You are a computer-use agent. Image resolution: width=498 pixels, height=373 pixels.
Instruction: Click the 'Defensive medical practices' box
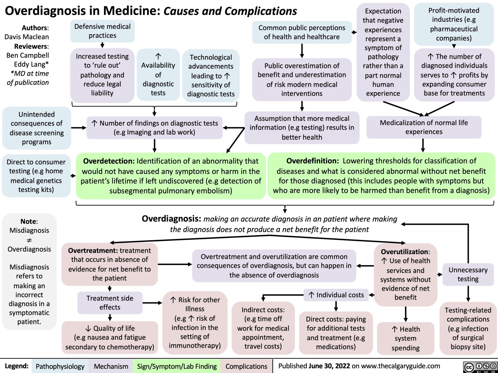[x=102, y=31]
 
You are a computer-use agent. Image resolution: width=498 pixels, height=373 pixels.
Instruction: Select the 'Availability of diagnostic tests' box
[x=158, y=75]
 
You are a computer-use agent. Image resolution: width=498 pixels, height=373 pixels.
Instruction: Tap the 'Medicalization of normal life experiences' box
[x=424, y=127]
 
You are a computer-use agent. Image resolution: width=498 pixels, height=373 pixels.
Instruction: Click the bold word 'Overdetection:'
[x=109, y=161]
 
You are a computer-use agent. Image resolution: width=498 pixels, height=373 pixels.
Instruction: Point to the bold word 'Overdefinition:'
[x=313, y=161]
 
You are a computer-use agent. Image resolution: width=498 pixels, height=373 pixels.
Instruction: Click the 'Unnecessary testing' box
[x=468, y=275]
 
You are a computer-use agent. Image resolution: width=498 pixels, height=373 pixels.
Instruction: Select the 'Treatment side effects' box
[x=110, y=303]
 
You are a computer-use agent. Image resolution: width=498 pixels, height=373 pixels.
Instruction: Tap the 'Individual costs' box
[x=336, y=295]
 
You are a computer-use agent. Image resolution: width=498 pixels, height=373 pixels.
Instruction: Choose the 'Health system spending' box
[x=405, y=338]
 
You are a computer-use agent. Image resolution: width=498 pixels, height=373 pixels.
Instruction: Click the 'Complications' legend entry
[x=246, y=366]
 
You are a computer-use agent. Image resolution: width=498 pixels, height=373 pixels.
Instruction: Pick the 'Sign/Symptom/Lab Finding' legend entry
[x=177, y=366]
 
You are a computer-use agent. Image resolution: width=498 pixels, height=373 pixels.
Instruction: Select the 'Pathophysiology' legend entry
[x=60, y=366]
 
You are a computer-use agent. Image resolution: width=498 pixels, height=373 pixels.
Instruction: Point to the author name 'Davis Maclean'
[x=27, y=37]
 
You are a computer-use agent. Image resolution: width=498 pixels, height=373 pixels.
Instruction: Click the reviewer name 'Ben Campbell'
[x=28, y=55]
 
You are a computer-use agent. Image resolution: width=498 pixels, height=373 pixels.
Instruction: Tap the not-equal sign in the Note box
[x=29, y=240]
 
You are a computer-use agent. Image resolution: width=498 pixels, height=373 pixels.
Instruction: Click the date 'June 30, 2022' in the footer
[x=329, y=366]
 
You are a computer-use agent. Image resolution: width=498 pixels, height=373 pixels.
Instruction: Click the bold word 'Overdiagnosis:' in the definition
[x=172, y=219]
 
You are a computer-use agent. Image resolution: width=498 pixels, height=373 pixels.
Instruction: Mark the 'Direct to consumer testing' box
[x=36, y=176]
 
